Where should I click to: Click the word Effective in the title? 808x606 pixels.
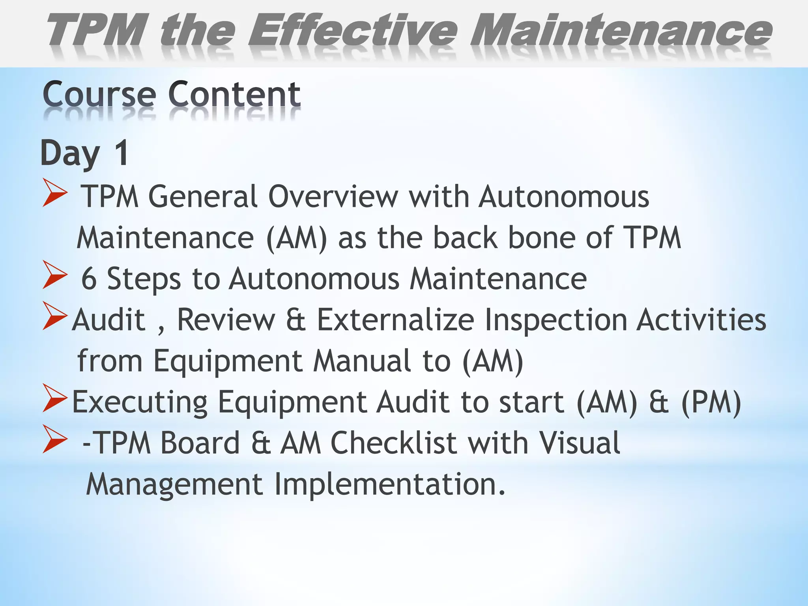pos(352,31)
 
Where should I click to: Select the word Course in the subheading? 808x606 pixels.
pos(99,95)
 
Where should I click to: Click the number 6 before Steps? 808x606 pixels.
pos(89,279)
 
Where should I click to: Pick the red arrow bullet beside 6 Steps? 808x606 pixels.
pos(55,275)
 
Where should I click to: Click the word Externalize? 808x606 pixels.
pos(395,320)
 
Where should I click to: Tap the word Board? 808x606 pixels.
pos(200,443)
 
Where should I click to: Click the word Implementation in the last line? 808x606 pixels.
pos(390,484)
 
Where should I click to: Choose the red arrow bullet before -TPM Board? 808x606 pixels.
pos(55,439)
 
